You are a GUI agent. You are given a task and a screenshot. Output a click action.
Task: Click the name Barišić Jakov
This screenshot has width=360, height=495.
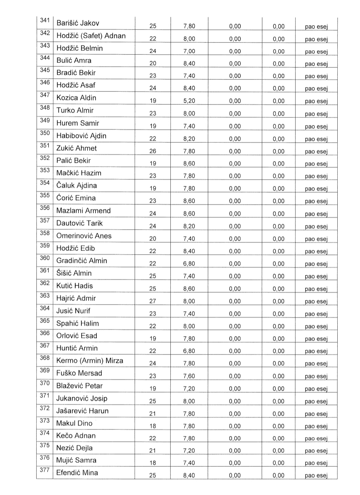coord(78,23)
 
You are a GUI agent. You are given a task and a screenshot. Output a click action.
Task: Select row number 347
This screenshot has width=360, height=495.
coord(45,95)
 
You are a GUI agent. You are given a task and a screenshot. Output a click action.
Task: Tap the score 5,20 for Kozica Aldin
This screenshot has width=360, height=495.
coord(189,101)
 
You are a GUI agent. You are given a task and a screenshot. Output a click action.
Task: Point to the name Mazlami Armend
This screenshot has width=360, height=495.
coord(83,211)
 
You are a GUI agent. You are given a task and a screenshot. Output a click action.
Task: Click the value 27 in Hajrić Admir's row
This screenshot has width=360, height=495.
coord(153,301)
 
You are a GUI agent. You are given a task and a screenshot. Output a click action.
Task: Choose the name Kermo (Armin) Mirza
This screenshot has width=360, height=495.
coord(90,361)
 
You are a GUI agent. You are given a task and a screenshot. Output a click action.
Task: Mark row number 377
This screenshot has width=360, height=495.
coord(45,470)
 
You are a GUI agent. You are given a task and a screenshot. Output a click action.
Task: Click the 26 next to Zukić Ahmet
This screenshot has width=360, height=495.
coord(153,151)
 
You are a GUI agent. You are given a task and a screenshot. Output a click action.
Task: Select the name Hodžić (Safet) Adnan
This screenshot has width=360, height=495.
coord(91,36)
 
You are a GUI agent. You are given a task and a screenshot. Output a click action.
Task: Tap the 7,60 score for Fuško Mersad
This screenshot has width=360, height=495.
coord(189,376)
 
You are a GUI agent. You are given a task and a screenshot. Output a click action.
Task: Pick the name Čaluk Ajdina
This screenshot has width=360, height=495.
coord(76,186)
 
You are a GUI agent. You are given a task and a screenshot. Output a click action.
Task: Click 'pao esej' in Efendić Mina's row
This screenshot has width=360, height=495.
coord(316,476)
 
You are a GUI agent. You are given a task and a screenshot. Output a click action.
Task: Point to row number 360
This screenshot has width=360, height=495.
coord(45,258)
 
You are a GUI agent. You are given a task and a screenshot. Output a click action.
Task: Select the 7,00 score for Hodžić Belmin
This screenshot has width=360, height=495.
coord(189,51)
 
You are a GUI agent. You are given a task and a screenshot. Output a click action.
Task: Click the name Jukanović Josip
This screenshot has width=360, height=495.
coord(82,398)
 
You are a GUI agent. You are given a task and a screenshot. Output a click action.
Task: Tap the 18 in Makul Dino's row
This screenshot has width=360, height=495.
coord(153,426)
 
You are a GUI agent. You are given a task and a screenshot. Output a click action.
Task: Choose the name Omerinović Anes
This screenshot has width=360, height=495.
coord(84,236)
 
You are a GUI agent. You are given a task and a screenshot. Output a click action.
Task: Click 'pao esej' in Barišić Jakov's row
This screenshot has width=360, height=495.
coord(316,27)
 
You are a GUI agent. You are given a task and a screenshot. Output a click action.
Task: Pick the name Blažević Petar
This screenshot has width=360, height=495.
coord(79,386)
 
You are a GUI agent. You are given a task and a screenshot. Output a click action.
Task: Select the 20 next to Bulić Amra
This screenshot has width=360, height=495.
coord(153,64)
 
